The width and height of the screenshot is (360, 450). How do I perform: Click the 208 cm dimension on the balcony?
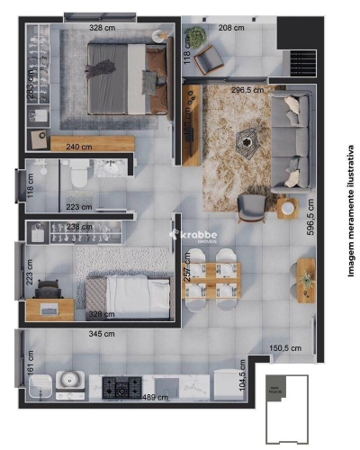231,29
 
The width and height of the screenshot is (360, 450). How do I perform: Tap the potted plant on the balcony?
194,37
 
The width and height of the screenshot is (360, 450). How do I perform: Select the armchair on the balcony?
212,60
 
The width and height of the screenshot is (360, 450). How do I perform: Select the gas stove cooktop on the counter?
121,388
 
